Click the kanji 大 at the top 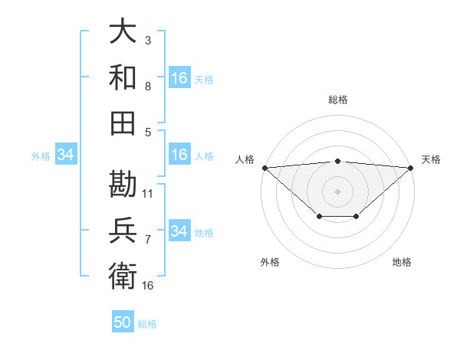(x=123, y=33)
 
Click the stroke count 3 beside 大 (x=147, y=39)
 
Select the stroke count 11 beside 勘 (x=148, y=193)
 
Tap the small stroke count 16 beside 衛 (x=148, y=285)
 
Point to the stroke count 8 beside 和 (x=147, y=87)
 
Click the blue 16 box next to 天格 (x=179, y=78)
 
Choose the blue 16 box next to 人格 (x=179, y=155)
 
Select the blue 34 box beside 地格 (x=179, y=231)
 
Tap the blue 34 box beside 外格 (x=66, y=155)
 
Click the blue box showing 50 (x=123, y=322)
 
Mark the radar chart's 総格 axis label (x=338, y=100)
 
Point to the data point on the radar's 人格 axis (x=264, y=167)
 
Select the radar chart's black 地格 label (x=402, y=262)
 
